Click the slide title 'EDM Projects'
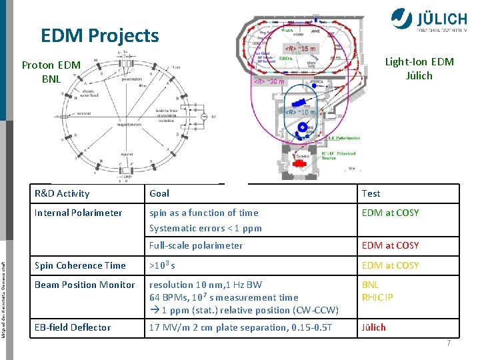tap(100, 35)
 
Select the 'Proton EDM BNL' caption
tap(51, 72)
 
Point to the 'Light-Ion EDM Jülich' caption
tap(419, 69)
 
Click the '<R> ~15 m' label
tap(301, 49)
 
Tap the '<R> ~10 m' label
tap(301, 112)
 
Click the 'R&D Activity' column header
tap(62, 193)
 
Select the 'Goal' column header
tap(159, 193)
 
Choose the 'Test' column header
tap(371, 193)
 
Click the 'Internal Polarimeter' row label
tap(79, 213)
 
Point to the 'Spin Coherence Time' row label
tap(80, 265)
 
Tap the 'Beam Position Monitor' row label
tap(85, 285)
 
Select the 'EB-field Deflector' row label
tap(73, 327)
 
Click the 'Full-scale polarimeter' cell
tap(196, 245)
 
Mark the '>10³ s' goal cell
tap(162, 265)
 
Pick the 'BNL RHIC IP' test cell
tap(377, 291)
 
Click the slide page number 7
tap(449, 343)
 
